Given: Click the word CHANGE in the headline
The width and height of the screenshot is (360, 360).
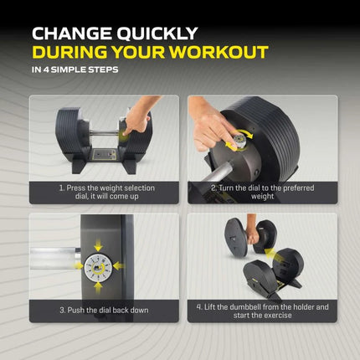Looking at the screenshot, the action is coord(72,33).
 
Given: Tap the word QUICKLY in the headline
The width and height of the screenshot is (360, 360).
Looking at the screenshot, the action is coord(157,33).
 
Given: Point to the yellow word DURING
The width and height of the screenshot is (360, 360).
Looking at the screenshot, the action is coord(69,52).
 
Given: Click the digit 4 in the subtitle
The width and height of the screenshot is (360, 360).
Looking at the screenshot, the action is coord(46,69).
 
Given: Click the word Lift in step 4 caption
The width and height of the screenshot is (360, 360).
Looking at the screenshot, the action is coord(209,307).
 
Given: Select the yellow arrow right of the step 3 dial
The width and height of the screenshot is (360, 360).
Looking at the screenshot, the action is coord(119,266).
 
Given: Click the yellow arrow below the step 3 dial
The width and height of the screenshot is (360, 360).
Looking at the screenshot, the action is coord(98,287).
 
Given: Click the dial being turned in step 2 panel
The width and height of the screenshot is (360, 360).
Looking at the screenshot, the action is coord(239,141).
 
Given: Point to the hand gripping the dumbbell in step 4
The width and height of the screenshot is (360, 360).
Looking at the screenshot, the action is coord(254,237).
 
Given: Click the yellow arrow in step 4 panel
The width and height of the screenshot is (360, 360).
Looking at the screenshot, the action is coord(272,255).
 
